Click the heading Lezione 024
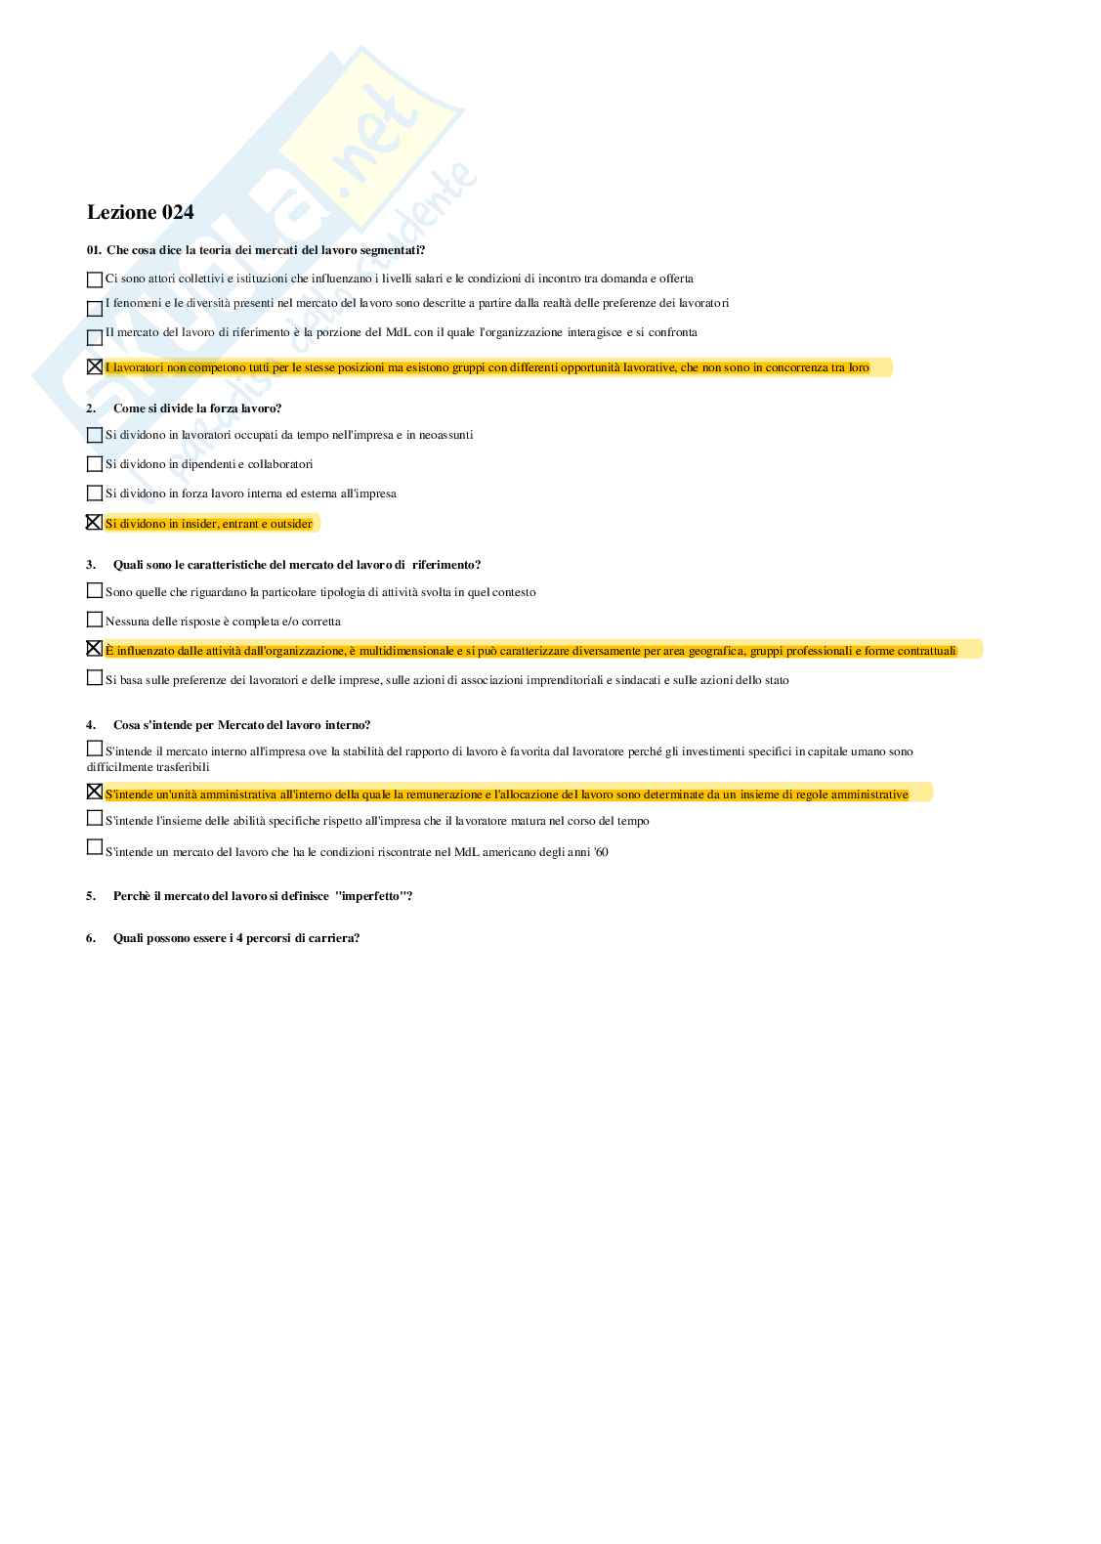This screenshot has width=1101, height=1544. [x=140, y=212]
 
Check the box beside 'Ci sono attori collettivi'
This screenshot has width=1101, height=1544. [x=95, y=279]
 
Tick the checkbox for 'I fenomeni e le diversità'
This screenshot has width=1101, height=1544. [x=95, y=309]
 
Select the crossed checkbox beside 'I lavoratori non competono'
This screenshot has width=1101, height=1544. [x=95, y=367]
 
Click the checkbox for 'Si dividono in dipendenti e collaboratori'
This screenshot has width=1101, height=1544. [x=95, y=464]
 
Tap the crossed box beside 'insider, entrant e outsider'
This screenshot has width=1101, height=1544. [x=95, y=523]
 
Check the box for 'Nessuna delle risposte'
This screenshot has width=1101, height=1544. [x=95, y=620]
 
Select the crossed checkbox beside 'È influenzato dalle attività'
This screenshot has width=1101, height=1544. [x=95, y=649]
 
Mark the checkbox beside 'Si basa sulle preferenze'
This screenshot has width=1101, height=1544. [x=95, y=677]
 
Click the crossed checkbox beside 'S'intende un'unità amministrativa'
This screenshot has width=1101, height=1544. [x=95, y=792]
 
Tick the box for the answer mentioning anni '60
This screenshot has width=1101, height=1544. [x=95, y=847]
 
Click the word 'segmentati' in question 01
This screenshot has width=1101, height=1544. [x=391, y=250]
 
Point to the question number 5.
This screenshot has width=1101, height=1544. [x=91, y=896]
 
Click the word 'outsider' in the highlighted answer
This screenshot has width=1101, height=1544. [x=291, y=524]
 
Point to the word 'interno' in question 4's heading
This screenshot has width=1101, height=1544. [x=344, y=725]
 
